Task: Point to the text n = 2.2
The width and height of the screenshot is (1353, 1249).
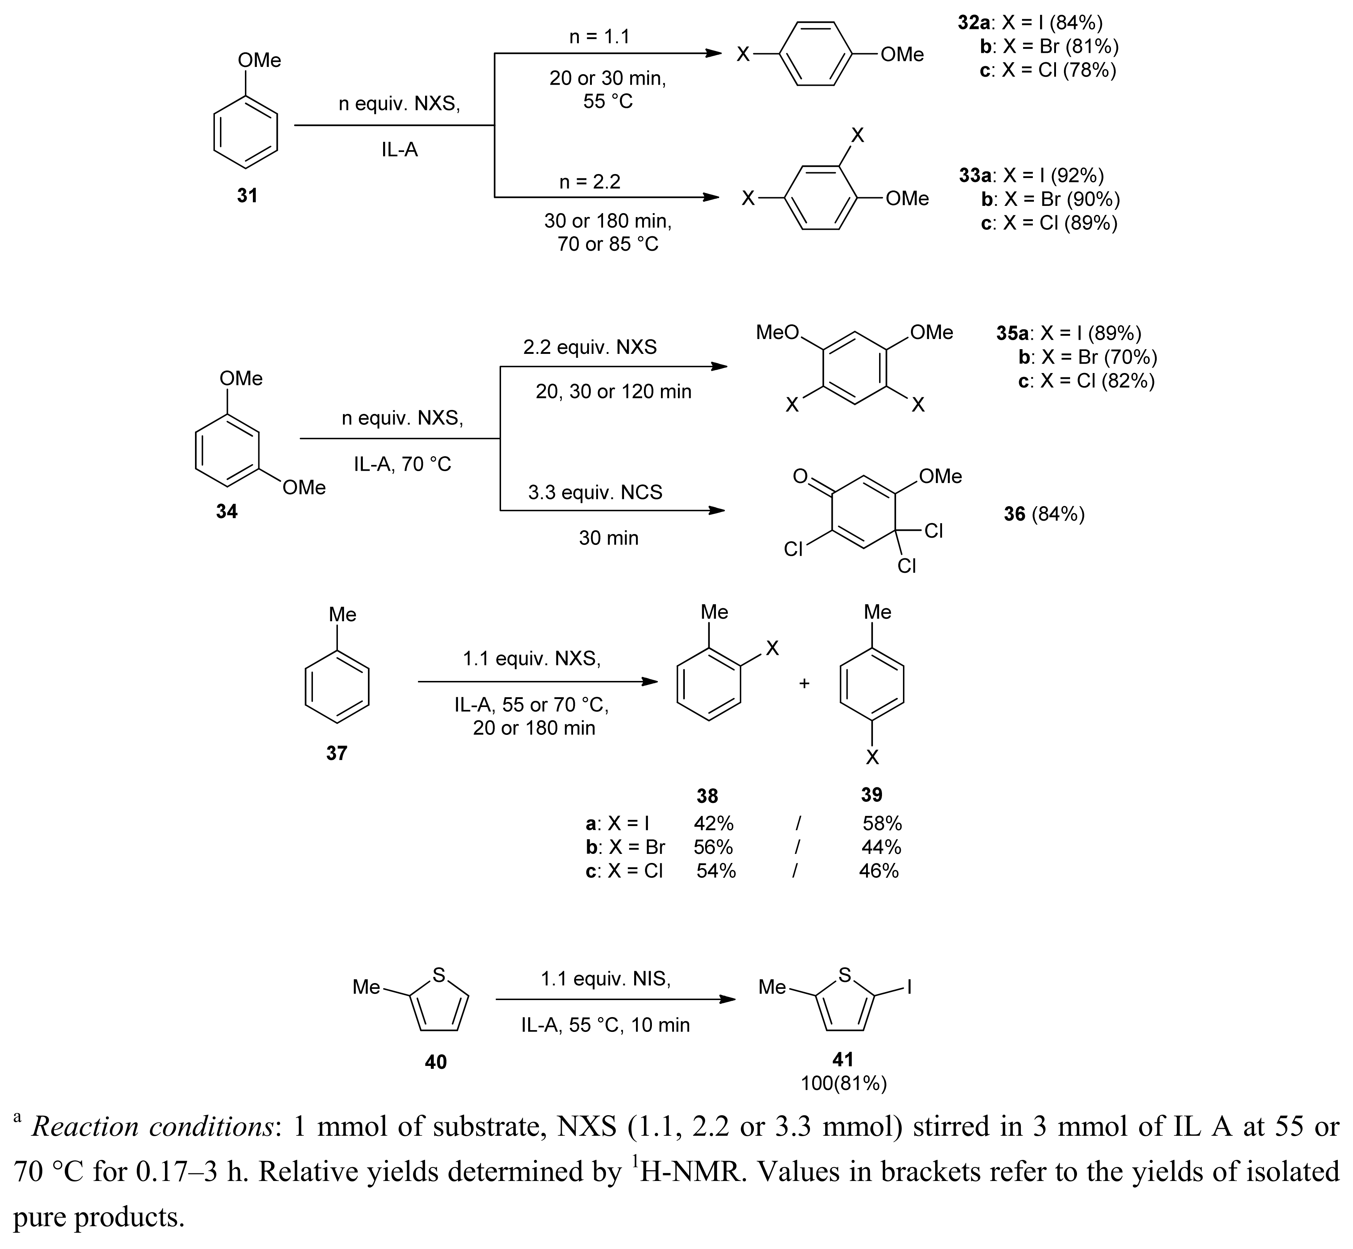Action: pos(589,182)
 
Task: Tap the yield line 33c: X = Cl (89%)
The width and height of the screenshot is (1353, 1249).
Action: pos(1049,223)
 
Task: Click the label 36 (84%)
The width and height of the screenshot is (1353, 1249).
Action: pos(1044,515)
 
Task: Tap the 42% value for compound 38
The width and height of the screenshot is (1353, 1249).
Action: pos(713,823)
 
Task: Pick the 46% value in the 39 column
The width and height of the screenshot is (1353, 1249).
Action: pos(879,871)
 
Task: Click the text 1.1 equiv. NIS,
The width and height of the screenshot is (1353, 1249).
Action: pos(605,979)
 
